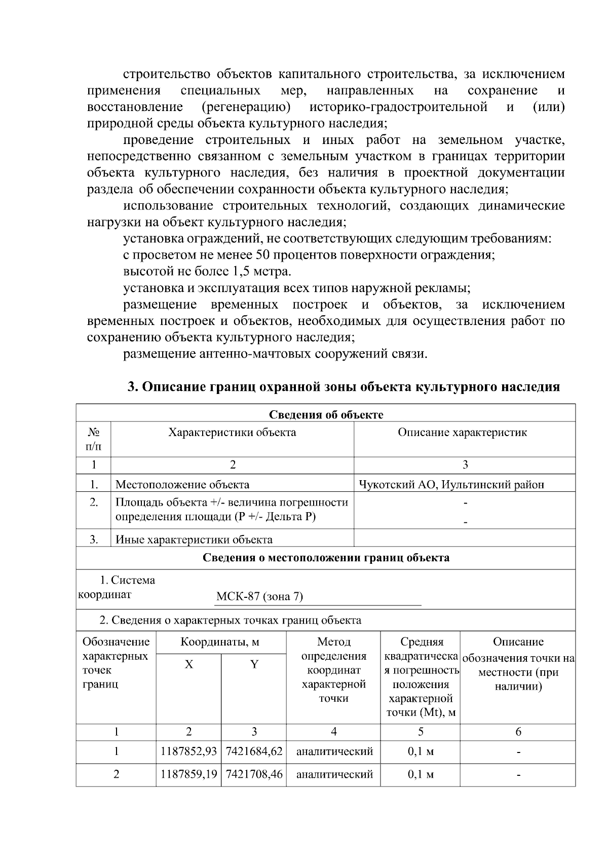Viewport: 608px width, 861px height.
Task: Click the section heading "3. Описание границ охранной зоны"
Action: click(343, 387)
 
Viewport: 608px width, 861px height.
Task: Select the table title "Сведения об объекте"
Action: click(325, 415)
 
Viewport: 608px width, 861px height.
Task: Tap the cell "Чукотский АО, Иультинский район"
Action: click(451, 484)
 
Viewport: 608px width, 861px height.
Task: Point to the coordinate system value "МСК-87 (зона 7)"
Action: click(259, 596)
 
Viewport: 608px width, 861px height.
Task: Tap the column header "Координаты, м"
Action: click(220, 642)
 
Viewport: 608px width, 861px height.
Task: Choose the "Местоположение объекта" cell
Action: click(182, 484)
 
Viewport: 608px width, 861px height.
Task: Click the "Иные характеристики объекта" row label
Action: click(194, 540)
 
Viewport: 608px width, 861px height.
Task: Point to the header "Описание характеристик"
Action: click(462, 433)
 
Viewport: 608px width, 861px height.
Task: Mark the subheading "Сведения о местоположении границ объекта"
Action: click(325, 558)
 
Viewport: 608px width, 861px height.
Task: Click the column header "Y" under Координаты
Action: click(254, 664)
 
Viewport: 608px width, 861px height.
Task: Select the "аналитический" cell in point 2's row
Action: click(334, 774)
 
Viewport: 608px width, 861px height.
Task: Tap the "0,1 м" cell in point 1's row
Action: click(421, 751)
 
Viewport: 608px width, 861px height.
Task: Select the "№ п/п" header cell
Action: click(94, 439)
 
